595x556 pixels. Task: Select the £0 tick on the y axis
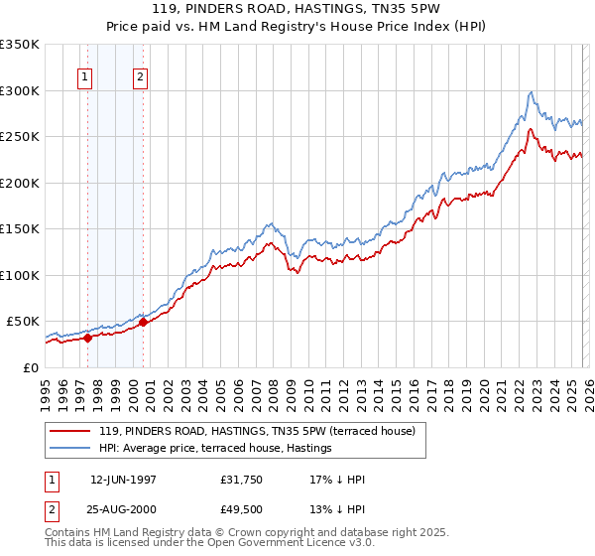coord(32,367)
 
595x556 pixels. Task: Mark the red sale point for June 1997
coord(87,338)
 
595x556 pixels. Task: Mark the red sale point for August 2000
coord(144,322)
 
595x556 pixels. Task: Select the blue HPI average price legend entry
coord(218,448)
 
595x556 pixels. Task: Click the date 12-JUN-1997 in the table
coord(124,480)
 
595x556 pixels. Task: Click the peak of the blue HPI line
coord(532,92)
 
